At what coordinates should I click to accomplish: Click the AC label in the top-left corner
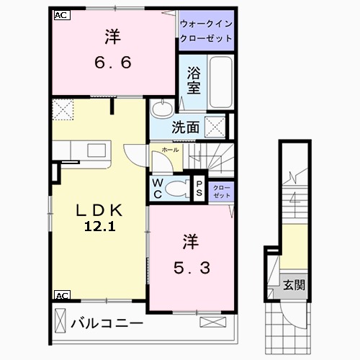point(60,14)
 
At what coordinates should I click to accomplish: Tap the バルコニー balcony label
point(107,323)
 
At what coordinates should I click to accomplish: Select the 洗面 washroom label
point(185,128)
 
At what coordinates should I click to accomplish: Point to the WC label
point(157,189)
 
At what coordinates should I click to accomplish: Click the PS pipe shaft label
point(199,189)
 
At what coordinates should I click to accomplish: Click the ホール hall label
point(170,150)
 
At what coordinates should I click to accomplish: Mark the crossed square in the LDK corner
point(63,111)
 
